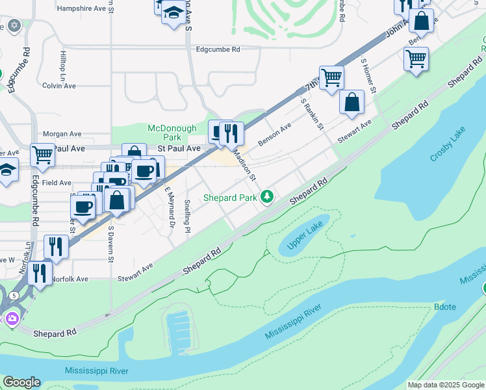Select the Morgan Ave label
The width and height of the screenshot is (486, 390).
tap(64, 134)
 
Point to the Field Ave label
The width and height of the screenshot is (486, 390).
tap(57, 183)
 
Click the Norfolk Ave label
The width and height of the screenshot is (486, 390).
tap(70, 279)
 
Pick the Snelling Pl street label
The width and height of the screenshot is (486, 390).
tap(187, 216)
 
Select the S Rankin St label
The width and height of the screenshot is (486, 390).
tap(312, 114)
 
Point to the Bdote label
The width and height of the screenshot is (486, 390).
tap(446, 306)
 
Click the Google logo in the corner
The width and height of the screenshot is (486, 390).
tap(21, 382)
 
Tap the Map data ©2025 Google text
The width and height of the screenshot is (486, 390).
tap(445, 385)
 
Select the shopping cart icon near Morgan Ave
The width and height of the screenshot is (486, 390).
tap(42, 155)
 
